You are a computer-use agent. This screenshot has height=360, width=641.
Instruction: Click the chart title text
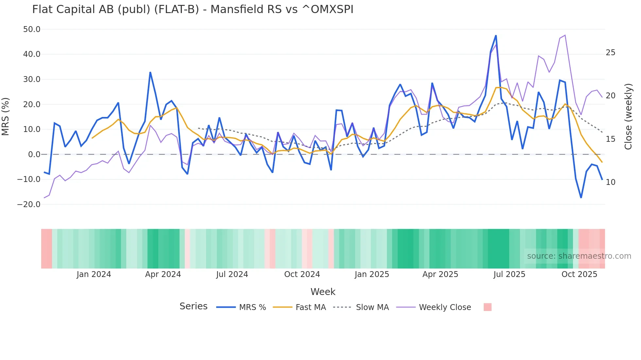193,9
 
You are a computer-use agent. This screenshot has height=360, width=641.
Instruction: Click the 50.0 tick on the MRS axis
32,29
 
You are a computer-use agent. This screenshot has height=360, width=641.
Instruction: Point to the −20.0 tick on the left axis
29,205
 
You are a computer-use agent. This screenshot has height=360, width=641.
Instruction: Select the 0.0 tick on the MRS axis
34,155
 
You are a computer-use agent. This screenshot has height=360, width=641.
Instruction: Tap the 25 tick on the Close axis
610,53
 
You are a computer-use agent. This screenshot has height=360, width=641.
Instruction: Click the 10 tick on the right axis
610,182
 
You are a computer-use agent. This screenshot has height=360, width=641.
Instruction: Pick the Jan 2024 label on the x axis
94,274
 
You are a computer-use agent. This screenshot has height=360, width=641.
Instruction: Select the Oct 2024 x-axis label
302,274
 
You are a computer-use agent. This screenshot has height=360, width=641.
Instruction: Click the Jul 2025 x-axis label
509,274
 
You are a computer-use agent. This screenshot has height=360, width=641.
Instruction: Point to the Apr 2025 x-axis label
440,274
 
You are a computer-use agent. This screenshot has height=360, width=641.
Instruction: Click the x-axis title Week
323,292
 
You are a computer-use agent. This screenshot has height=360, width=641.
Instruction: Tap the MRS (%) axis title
6,116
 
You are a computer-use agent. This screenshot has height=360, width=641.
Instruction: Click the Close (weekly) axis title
628,116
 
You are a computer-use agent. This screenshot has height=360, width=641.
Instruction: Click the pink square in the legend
487,307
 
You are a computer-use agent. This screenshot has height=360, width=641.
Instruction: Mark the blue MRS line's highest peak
496,36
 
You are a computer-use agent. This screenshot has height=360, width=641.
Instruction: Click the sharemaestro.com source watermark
579,256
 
